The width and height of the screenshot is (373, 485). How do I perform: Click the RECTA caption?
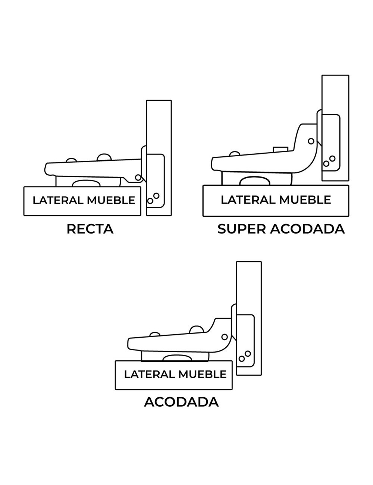pos(90,229)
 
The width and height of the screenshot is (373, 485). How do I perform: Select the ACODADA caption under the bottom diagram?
pos(181,402)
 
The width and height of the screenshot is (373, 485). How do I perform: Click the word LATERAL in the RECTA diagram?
pos(58,200)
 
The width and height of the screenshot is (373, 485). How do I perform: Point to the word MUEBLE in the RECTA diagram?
pos(111,200)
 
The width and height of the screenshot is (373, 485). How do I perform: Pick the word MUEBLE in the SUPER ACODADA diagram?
pos(305,200)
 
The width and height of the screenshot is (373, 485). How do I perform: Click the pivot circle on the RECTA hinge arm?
pos(138,178)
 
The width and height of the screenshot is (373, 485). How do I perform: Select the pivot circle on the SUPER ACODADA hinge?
pos(311,141)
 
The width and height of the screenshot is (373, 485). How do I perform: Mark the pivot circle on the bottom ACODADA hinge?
pos(225,337)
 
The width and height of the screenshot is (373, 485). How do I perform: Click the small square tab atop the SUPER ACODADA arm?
pos(280,149)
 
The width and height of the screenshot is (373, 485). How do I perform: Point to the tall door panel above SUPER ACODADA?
pos(335,93)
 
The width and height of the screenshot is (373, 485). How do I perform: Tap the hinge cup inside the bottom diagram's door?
pos(246,345)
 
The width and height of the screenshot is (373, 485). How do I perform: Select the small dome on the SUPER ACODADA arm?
pos(235,153)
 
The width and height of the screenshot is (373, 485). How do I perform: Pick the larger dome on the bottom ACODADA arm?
pos(197,329)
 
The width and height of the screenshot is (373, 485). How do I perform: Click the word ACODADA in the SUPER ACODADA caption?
pos(307,229)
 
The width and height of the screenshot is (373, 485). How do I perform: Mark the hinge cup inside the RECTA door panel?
pos(155,181)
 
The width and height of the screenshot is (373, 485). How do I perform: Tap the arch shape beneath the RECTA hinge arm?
pos(87,183)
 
